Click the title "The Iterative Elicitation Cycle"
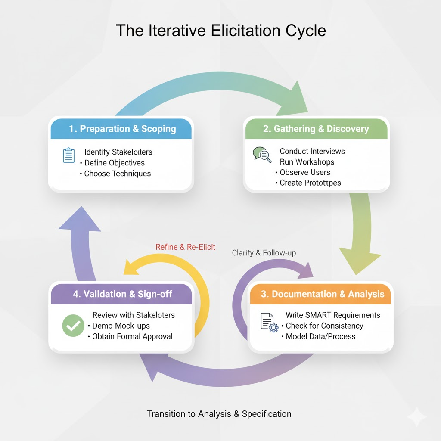tap(220, 31)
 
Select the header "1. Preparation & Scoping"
tap(122, 129)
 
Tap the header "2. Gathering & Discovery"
tap(316, 129)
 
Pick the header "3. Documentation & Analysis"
tap(322, 294)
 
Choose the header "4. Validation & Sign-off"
tap(122, 294)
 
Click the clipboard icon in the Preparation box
tap(68, 155)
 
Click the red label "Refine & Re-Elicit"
tap(185, 247)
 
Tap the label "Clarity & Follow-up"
tap(264, 253)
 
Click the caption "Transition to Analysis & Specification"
tap(219, 414)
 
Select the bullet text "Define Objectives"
tap(114, 163)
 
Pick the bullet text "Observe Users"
tap(305, 172)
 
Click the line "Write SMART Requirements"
tap(333, 315)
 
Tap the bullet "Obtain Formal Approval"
tap(132, 336)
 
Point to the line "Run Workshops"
tap(307, 162)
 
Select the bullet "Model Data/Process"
tap(320, 336)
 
